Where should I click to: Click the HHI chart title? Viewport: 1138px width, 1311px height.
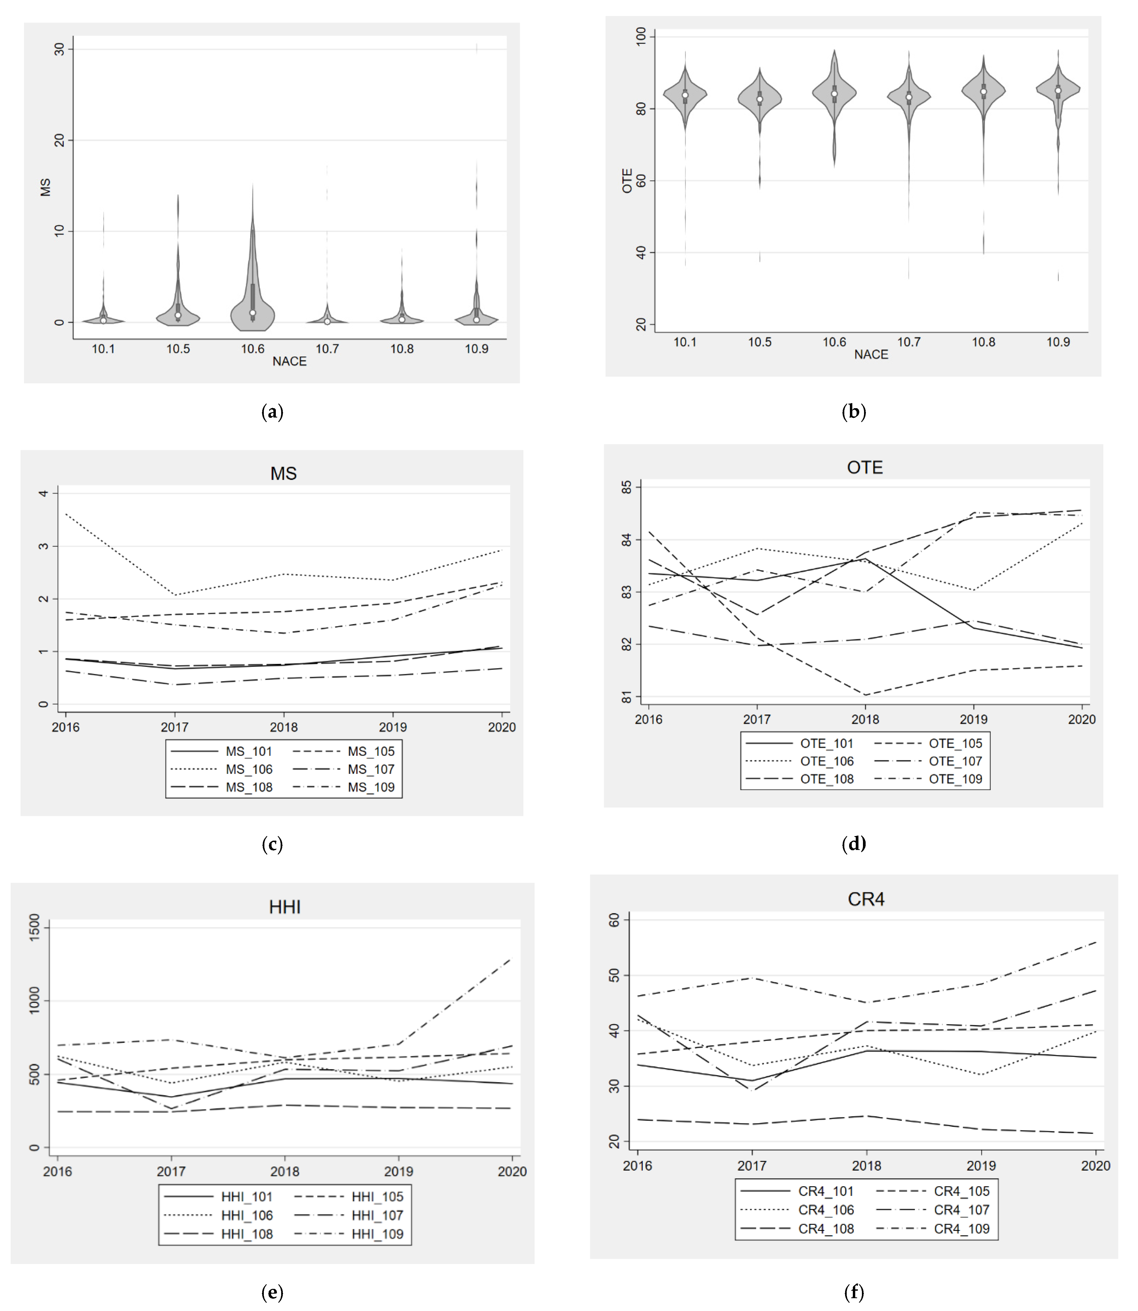point(284,907)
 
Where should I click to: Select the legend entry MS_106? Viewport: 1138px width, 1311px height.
point(249,769)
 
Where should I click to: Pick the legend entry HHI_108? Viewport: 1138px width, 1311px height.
point(247,1234)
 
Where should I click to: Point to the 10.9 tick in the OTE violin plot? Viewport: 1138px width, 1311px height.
point(1058,342)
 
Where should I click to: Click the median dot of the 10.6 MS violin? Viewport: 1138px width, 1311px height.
point(253,313)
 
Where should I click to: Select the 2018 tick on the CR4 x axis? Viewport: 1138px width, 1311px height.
point(866,1166)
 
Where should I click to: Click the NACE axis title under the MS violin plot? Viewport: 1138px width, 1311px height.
point(290,361)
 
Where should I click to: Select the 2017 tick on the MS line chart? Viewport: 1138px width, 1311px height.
point(175,727)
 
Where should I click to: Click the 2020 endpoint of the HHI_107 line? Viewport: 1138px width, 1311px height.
point(512,1045)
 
